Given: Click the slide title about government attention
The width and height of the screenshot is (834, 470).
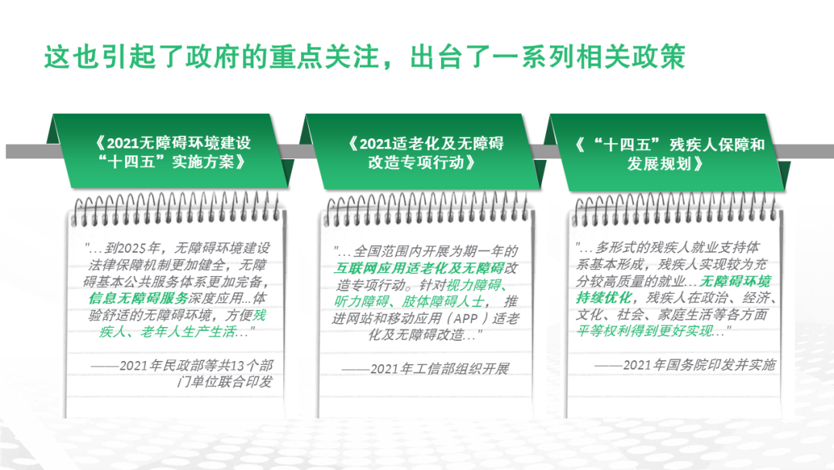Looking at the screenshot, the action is click(364, 56).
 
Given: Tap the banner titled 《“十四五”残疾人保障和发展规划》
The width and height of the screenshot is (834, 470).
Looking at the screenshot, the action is click(669, 153).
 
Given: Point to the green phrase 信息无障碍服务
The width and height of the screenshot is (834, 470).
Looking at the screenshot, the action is click(138, 298).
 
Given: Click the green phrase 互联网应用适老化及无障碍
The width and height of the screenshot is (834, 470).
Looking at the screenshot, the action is click(419, 267).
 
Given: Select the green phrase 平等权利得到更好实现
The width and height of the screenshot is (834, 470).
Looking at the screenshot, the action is click(644, 331).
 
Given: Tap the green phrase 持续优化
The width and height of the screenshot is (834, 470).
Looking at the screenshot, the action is click(604, 298).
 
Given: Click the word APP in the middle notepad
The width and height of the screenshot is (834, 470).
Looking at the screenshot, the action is click(466, 318).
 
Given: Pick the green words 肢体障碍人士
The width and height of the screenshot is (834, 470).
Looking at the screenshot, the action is click(442, 301).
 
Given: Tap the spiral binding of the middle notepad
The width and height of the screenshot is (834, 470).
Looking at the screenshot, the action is click(428, 209).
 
